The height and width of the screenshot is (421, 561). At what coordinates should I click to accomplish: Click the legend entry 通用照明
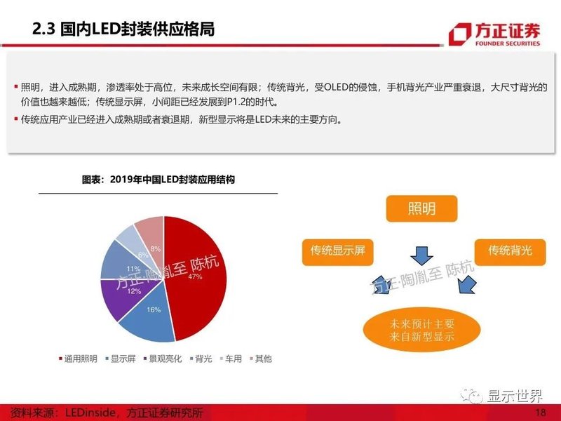(79, 359)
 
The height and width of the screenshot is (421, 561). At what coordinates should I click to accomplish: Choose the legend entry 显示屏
(123, 359)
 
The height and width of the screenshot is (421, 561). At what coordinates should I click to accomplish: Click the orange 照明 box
(421, 209)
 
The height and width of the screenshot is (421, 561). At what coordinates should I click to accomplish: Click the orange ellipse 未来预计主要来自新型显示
(422, 330)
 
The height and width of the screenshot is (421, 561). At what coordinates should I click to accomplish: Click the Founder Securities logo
(495, 34)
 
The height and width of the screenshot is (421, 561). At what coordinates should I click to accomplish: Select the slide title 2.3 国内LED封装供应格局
(124, 29)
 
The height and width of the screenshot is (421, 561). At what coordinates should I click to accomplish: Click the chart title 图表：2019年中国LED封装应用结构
(158, 180)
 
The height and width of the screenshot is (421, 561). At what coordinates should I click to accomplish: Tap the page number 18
(540, 412)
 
